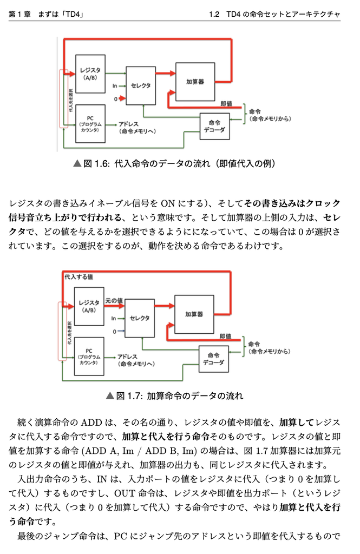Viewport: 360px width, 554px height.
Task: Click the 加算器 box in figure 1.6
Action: click(x=195, y=81)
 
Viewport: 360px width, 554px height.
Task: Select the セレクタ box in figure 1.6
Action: click(x=141, y=85)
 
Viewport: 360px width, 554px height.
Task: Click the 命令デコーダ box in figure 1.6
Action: click(x=214, y=127)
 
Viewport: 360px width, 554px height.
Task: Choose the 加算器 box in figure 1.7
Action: click(x=194, y=314)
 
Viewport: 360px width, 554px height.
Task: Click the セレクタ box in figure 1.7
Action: click(x=140, y=318)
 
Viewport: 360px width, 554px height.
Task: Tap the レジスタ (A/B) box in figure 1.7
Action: click(x=89, y=306)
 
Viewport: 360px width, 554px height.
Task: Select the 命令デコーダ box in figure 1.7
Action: click(x=213, y=359)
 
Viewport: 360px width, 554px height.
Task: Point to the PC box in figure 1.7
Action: click(x=89, y=355)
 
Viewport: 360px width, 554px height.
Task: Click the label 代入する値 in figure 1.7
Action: click(x=78, y=276)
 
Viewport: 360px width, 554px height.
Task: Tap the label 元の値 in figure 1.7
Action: click(x=114, y=300)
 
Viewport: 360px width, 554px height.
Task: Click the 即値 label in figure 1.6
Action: click(x=226, y=103)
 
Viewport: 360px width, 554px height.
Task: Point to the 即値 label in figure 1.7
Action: click(x=225, y=337)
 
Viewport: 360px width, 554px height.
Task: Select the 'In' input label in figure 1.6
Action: click(x=115, y=85)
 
